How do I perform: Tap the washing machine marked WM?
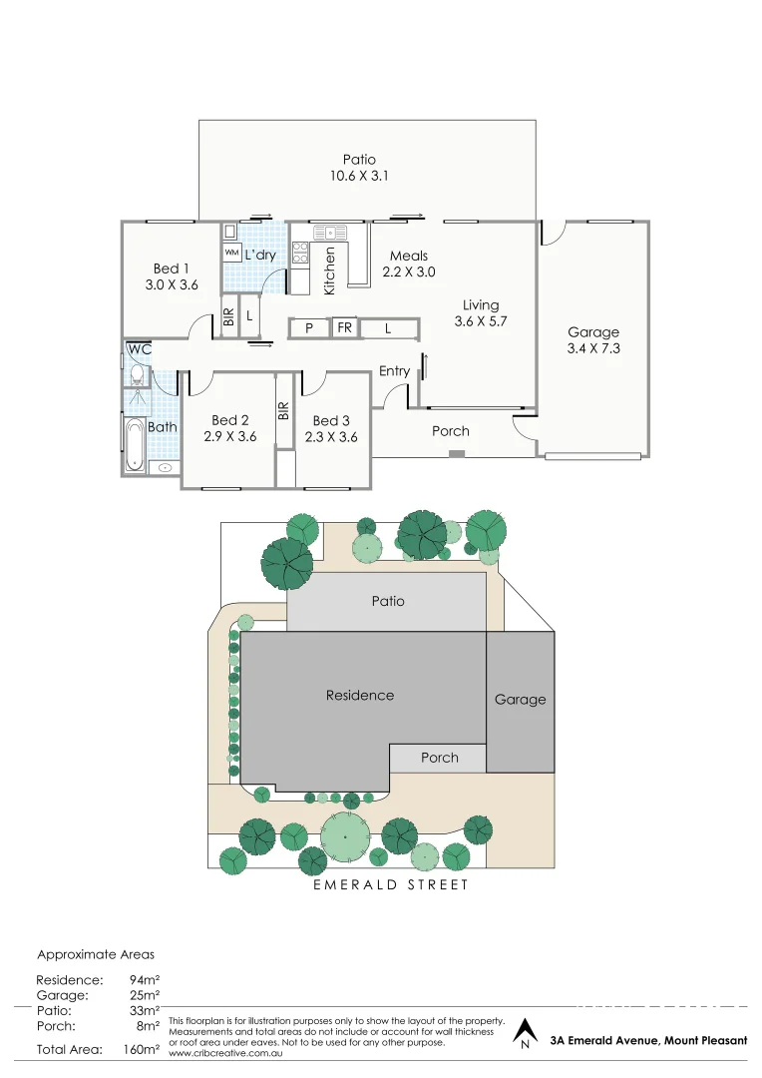point(231,254)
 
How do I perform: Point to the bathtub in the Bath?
point(134,443)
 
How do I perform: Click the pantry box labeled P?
point(309,327)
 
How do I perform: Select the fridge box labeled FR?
point(344,327)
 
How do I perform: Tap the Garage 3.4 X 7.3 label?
point(593,340)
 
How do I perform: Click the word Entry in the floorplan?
point(394,371)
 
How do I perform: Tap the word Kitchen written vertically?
point(330,270)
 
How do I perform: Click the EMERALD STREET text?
point(390,884)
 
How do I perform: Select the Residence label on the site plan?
point(360,695)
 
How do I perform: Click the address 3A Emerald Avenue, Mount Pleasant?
point(647,1040)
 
